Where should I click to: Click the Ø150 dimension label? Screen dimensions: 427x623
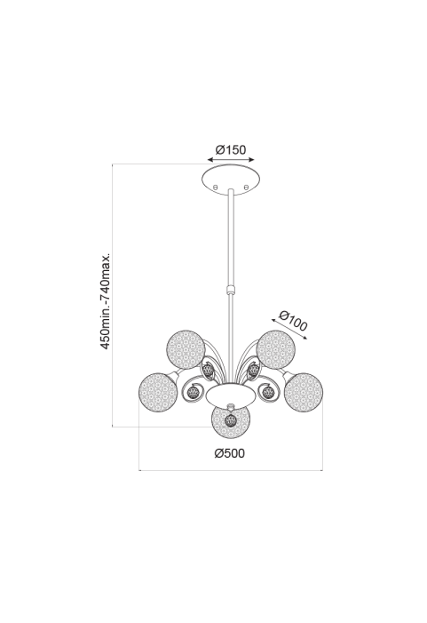231,150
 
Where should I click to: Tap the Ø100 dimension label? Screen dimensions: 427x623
293,321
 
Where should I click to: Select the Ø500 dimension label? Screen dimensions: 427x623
230,453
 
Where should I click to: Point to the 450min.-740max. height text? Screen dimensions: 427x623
105,300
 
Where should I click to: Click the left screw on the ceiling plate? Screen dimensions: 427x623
216,187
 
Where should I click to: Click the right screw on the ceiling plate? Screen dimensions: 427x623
246,187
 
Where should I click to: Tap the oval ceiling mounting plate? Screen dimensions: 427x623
232,180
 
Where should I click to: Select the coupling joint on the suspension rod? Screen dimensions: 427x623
230,289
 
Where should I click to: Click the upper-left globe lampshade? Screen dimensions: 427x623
186,349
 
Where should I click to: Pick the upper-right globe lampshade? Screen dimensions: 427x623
276,349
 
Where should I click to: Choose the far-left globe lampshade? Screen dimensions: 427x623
158,392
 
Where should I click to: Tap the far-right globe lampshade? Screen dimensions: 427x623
304,392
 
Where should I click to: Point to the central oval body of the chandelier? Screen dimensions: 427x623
231,395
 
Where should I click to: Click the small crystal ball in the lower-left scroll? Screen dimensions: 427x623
194,393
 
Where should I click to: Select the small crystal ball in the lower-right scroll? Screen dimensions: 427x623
269,393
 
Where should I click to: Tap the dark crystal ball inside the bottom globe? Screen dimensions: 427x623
231,420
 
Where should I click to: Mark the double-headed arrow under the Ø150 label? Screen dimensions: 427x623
231,160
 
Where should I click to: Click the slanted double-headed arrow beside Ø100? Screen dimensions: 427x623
289,329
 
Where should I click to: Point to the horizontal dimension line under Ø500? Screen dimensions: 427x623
231,471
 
